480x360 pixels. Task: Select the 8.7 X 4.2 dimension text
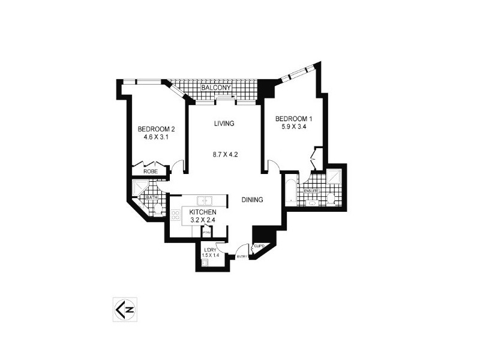[x=226, y=154]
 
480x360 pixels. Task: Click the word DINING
[x=253, y=200]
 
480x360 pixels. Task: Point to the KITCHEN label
[x=203, y=212]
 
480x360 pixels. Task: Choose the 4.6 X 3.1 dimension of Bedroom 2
[x=156, y=137]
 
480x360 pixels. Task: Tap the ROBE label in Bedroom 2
[x=150, y=171]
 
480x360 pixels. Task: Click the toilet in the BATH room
[x=157, y=208]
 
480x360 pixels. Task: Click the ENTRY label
[x=242, y=257]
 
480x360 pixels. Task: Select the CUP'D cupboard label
[x=260, y=246]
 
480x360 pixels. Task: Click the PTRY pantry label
[x=206, y=233]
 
